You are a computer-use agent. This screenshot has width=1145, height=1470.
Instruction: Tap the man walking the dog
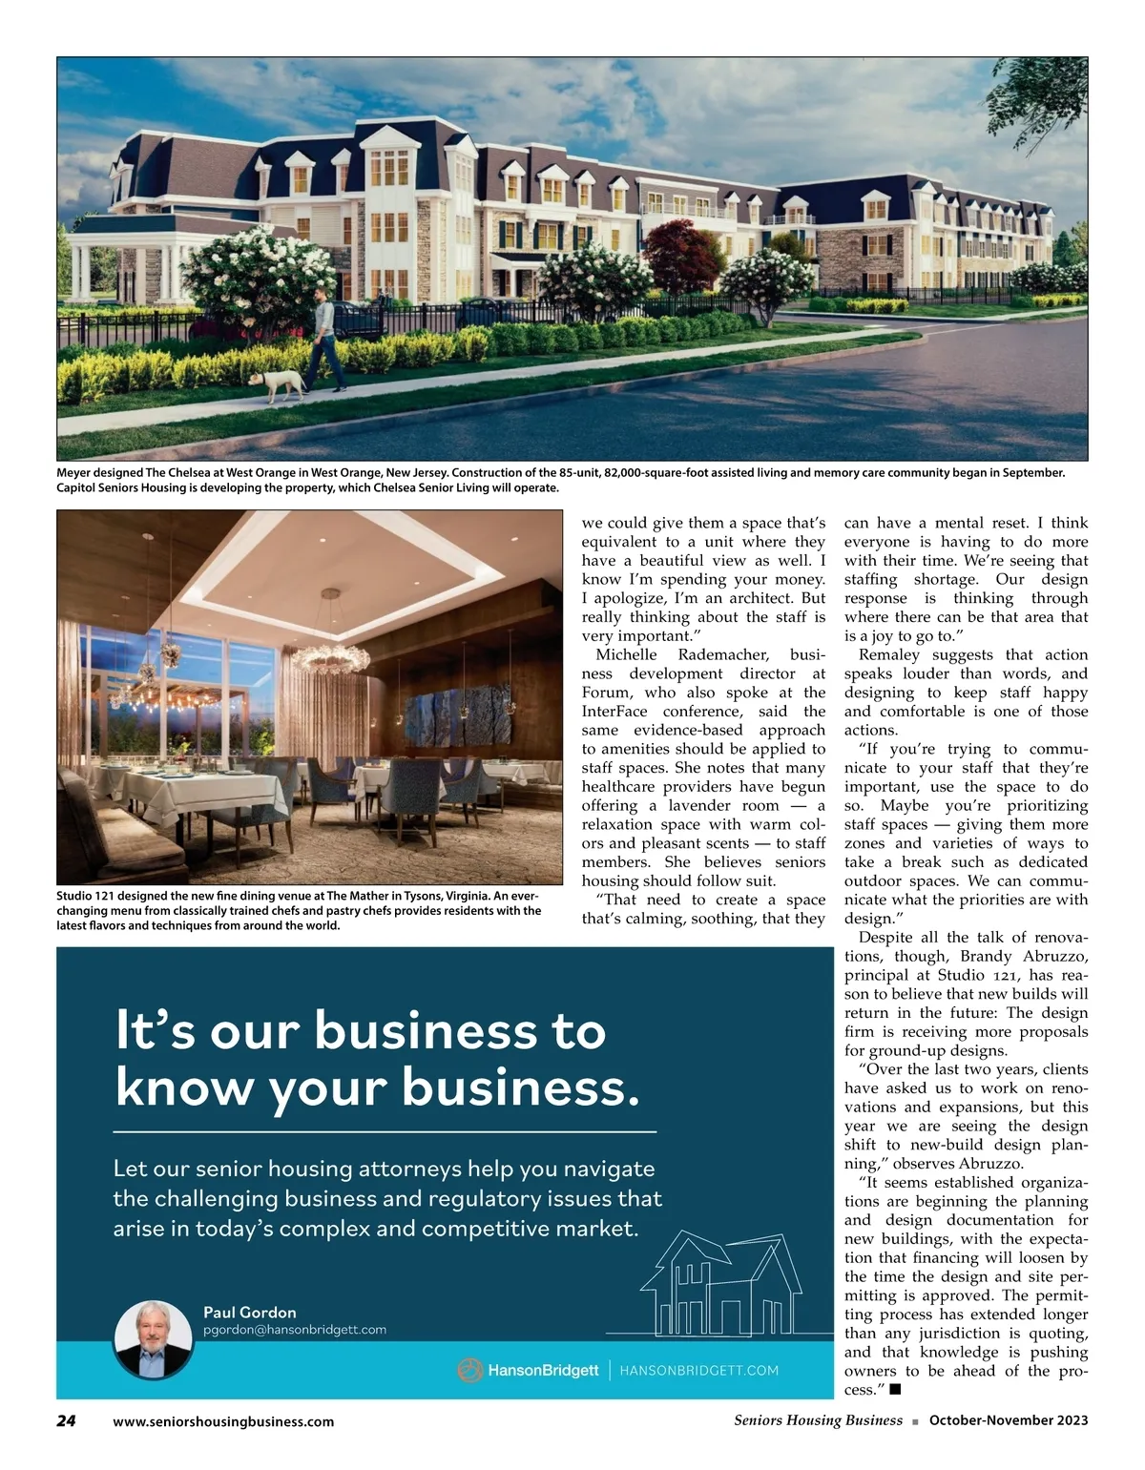[326, 342]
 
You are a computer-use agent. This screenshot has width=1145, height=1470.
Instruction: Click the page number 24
[66, 1420]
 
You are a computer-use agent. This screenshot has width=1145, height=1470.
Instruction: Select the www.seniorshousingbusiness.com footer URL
[223, 1421]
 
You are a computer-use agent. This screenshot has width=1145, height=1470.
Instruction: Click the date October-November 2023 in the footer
[1009, 1420]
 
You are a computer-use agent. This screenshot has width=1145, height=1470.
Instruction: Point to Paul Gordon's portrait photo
[154, 1339]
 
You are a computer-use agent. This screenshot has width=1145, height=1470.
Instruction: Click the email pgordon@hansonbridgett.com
[294, 1329]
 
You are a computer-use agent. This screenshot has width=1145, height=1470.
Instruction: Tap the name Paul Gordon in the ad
[250, 1312]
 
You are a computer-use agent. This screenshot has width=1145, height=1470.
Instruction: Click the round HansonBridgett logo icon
[469, 1371]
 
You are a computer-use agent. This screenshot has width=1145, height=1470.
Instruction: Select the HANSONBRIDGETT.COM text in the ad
[698, 1371]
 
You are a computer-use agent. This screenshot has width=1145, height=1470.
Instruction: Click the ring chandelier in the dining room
[328, 652]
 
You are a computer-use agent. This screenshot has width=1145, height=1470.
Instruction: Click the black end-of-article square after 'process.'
[894, 1390]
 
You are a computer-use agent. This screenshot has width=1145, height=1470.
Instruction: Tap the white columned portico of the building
[114, 258]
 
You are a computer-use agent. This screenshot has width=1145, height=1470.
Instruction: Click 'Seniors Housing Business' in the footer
[818, 1420]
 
